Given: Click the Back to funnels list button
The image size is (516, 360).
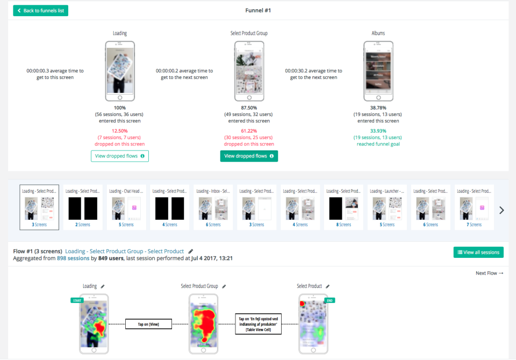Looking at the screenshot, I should [41, 10].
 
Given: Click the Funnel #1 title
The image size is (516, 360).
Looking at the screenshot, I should [258, 10].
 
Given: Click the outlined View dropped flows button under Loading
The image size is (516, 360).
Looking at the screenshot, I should [120, 156].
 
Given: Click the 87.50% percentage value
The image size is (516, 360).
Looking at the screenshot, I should [249, 107].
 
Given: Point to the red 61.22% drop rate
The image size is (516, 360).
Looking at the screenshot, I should [249, 131].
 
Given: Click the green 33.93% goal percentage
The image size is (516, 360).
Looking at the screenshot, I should [378, 131].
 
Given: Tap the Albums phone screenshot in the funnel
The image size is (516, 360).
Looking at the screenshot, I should [378, 71].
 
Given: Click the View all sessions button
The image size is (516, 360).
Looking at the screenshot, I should [478, 252].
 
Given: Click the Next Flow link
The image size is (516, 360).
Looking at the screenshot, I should [489, 273].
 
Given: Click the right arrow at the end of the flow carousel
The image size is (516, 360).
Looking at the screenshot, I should [501, 210].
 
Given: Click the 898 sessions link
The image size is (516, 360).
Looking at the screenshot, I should [73, 258].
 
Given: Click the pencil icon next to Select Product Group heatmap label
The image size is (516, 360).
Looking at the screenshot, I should [224, 286].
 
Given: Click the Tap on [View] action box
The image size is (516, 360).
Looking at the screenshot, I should [149, 324].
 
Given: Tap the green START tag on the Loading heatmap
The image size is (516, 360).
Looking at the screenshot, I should [77, 300].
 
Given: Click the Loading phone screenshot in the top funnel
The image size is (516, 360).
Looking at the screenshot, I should [120, 71].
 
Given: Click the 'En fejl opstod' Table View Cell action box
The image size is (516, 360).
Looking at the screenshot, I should [258, 324].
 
